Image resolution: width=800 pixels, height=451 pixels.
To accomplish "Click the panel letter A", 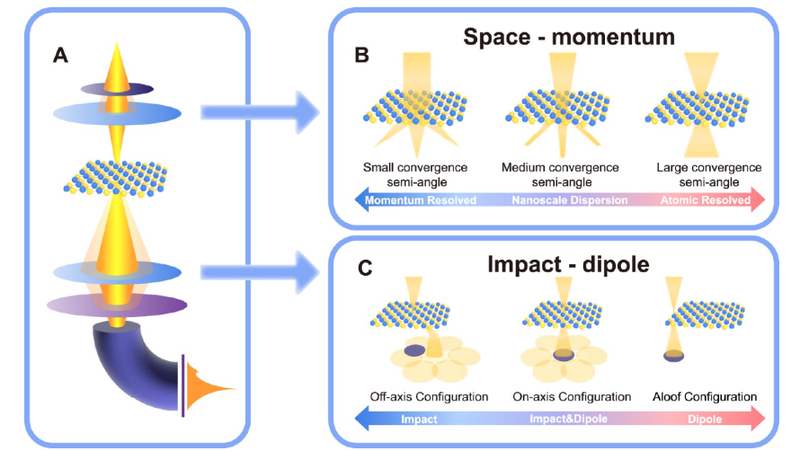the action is (x=61, y=55).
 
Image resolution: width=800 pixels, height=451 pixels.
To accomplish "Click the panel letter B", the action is (x=361, y=55).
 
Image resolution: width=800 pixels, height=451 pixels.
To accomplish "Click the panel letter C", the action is (x=365, y=268).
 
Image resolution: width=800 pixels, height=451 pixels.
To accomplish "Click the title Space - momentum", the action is (x=569, y=37).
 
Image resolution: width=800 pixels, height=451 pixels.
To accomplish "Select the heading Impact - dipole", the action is (x=568, y=264).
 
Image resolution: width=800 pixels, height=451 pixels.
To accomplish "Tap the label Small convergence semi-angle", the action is (x=415, y=175).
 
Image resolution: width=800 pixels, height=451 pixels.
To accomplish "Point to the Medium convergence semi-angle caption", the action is (x=560, y=175).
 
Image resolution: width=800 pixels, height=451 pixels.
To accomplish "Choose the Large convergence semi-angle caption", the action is (x=708, y=175).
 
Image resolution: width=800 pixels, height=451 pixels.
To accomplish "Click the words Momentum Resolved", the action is (x=421, y=200).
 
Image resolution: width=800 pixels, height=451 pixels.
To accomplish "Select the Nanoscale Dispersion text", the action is (x=569, y=200).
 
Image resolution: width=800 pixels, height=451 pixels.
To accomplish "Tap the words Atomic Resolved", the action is (x=706, y=200).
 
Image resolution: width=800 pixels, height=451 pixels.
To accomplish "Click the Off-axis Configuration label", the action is (x=429, y=396).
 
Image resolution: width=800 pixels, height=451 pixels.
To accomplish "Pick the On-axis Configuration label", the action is (x=572, y=396).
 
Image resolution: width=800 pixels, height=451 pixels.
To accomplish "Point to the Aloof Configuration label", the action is (x=705, y=396).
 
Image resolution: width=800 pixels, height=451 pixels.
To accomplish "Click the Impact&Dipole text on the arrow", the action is (x=568, y=419).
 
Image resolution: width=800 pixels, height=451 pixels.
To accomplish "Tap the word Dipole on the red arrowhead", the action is (x=705, y=420).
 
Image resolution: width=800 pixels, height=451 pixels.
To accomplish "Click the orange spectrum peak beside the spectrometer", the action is (x=201, y=388).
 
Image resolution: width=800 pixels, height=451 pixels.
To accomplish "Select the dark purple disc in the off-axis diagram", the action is (x=414, y=350).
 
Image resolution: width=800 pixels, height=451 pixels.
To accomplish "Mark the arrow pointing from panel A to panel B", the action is (x=260, y=112).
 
